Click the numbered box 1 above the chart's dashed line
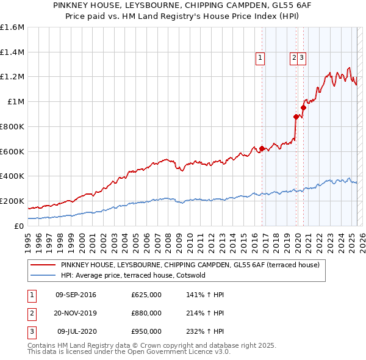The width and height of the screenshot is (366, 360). [x=260, y=58]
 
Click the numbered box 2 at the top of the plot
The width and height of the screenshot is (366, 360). [x=294, y=58]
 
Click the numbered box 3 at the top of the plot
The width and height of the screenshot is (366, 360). [x=302, y=58]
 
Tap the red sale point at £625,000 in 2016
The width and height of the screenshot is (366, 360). [x=262, y=148]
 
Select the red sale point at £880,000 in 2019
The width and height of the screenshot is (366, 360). [x=296, y=117]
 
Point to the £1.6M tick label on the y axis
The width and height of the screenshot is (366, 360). [x=12, y=27]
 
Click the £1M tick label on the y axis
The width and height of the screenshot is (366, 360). [x=16, y=102]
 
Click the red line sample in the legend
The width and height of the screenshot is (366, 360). [x=43, y=265]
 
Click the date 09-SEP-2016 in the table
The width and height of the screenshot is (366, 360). [x=76, y=295]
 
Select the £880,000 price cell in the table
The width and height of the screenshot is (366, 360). [x=146, y=313]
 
